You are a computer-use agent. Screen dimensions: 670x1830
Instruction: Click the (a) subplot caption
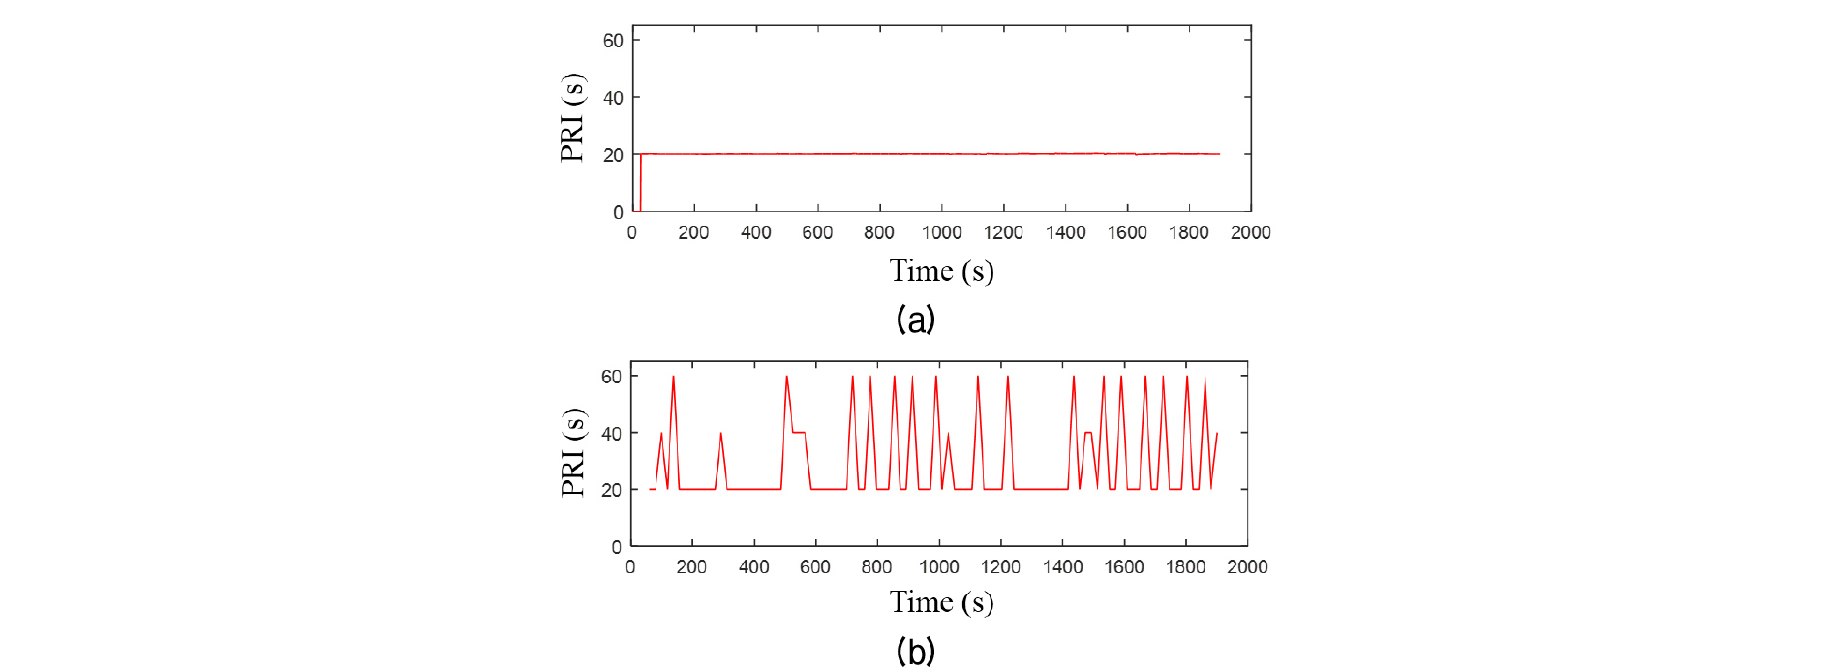915,319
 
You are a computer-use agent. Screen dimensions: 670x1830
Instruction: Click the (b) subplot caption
915,652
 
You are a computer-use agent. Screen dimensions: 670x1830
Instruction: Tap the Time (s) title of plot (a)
941,271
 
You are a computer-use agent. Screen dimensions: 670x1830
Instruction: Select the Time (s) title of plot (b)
941,602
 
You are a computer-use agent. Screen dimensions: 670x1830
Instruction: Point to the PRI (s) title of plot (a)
572,116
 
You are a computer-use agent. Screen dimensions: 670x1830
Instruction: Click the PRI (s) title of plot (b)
572,452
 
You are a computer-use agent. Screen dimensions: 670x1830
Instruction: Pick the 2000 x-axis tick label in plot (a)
1250,232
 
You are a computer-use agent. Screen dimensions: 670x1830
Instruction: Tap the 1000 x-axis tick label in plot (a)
941,232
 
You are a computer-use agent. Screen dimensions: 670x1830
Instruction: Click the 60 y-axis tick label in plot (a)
613,41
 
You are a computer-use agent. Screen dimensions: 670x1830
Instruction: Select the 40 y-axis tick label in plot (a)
613,98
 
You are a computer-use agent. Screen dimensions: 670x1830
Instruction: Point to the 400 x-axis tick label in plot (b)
753,567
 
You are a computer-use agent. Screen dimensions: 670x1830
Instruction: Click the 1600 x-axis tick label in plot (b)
1124,567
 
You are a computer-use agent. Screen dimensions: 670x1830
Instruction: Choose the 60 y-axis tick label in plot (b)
611,377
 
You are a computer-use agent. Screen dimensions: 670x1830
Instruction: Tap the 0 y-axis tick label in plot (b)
617,547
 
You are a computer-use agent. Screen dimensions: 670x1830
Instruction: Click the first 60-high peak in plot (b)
673,378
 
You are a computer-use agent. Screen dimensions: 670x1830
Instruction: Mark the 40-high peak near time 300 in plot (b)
720,434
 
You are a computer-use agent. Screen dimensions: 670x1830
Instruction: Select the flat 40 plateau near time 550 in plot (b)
799,432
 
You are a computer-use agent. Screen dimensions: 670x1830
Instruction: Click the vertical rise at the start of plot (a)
640,184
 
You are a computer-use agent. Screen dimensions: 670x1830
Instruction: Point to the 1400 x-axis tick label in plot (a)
1065,232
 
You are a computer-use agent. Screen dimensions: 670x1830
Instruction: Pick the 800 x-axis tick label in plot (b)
876,567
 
